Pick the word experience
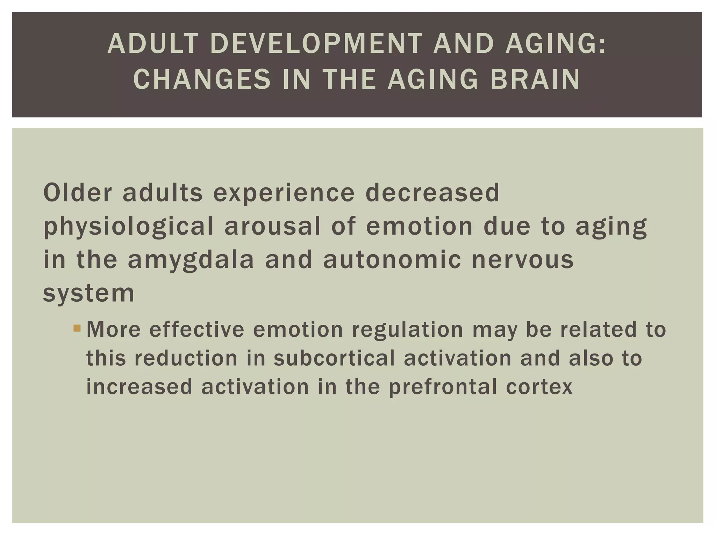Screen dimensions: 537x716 284,193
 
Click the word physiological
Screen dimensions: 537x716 128,227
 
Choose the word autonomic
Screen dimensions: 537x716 392,260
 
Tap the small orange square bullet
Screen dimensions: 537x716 77,328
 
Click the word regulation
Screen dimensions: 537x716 408,330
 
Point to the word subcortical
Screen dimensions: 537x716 334,358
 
